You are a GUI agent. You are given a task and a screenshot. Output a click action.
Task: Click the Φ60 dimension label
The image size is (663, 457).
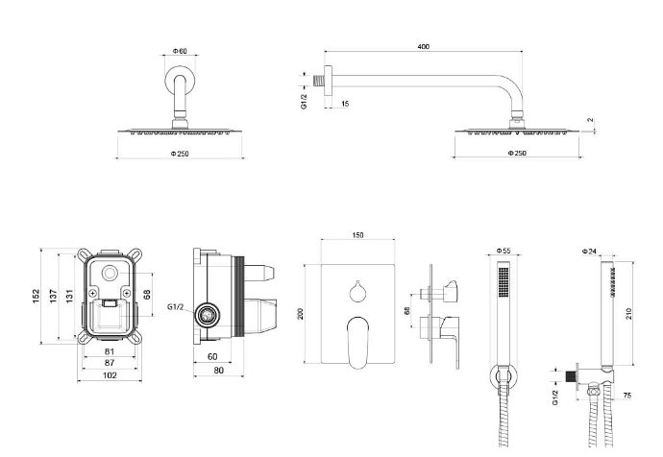tap(180, 50)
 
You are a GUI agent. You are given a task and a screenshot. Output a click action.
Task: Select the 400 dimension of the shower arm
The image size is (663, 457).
tap(423, 46)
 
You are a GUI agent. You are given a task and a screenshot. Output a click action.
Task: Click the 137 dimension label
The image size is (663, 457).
tap(54, 296)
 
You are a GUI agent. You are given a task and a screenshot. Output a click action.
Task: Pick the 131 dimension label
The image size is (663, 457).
tap(69, 296)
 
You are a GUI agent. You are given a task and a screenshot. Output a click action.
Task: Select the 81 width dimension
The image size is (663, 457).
tap(109, 351)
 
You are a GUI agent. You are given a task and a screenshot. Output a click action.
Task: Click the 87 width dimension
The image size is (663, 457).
tap(109, 363)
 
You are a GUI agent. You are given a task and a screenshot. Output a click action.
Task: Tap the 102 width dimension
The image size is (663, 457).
tap(109, 375)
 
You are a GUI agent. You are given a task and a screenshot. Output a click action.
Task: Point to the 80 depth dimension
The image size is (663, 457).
tap(219, 371)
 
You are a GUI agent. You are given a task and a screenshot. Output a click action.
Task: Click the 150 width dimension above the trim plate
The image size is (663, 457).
tap(357, 235)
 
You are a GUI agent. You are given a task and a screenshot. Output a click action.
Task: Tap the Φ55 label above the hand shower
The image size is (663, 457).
tap(503, 252)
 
